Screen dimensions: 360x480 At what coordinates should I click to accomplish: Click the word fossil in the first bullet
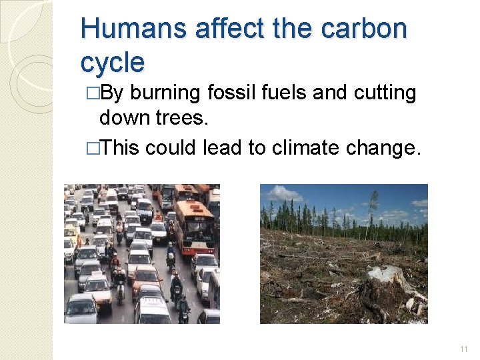click(x=233, y=93)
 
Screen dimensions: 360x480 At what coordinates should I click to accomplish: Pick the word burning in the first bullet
click(x=165, y=93)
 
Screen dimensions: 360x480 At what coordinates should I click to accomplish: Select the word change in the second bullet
click(x=393, y=147)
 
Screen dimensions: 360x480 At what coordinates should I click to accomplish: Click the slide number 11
click(x=463, y=349)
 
